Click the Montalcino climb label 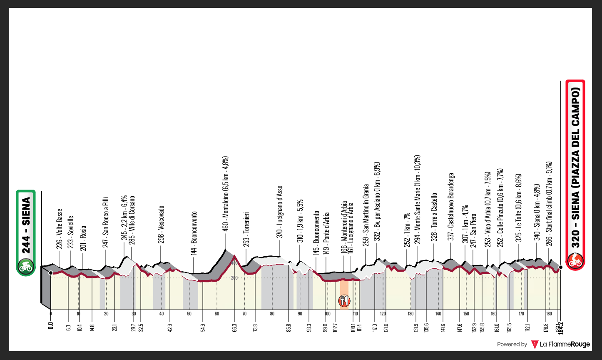click(225, 194)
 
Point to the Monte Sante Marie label click(418, 199)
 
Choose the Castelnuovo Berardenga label click(450, 207)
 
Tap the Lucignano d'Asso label click(280, 212)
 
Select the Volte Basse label click(60, 229)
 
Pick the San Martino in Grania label click(366, 215)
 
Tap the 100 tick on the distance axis click(327, 314)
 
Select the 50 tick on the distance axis click(189, 314)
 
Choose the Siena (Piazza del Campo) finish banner click(575, 167)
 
